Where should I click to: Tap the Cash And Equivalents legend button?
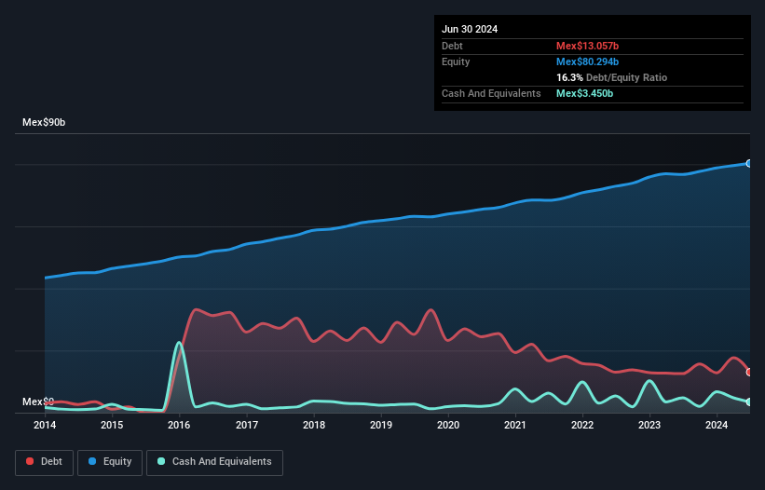coord(214,461)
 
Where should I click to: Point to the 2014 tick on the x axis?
coord(45,426)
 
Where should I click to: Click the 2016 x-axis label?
coord(179,426)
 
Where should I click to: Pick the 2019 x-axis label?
coord(380,426)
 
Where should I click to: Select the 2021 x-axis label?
coord(515,426)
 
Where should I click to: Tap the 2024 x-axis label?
coord(717,426)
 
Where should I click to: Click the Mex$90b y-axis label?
coord(44,123)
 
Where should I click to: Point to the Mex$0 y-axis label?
coord(37,402)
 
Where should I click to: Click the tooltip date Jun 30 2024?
coord(470,29)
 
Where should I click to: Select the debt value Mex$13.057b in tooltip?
coord(587,46)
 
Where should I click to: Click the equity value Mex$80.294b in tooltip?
coord(587,61)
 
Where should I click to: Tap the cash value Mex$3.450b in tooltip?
coord(584,93)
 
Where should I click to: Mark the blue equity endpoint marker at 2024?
coord(749,163)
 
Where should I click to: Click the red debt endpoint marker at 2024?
coord(749,372)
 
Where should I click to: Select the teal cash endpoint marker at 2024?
coord(749,402)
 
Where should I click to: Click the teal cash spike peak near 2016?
coord(179,343)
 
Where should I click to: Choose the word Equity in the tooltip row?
coord(456,61)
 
